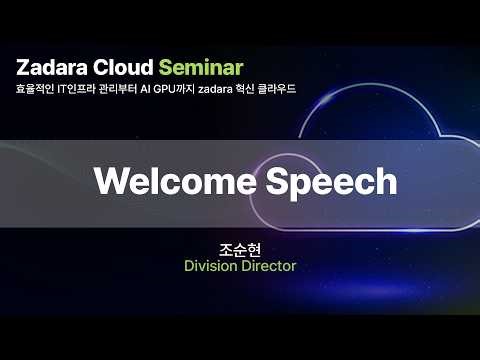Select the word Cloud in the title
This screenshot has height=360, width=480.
(x=120, y=68)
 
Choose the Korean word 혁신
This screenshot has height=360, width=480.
(x=274, y=90)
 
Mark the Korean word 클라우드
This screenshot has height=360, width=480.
(x=306, y=90)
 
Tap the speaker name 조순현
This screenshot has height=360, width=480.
(x=239, y=248)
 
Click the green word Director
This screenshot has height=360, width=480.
(x=269, y=266)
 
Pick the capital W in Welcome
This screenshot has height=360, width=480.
(x=106, y=181)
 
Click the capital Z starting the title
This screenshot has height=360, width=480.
(x=21, y=68)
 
